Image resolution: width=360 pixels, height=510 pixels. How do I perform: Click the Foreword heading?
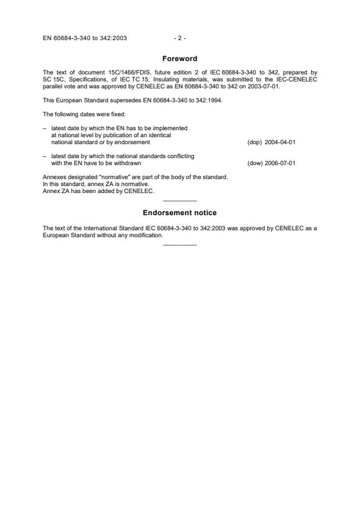pos(180,59)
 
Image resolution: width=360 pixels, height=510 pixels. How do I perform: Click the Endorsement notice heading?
pos(180,213)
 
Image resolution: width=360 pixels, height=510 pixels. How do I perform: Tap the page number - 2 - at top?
pos(180,38)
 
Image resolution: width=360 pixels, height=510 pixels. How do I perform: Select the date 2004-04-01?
pos(281,142)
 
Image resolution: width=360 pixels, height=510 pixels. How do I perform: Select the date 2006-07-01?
pos(281,163)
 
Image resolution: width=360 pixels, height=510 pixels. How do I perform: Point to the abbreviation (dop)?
pos(255,142)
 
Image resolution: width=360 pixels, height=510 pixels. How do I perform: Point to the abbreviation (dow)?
pos(255,163)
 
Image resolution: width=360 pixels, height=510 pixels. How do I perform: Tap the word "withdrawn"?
pos(128,163)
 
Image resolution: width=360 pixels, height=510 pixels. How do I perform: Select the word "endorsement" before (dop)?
pos(134,142)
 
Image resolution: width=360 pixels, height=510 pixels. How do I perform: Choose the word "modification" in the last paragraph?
pos(148,236)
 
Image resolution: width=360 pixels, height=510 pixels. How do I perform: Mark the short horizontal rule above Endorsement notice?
pos(180,201)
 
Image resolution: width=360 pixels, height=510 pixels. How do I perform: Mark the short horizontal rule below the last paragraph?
pos(180,244)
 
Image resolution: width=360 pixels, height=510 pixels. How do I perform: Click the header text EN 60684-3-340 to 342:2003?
pos(85,38)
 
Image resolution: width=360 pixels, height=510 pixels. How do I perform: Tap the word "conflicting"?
pos(180,156)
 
